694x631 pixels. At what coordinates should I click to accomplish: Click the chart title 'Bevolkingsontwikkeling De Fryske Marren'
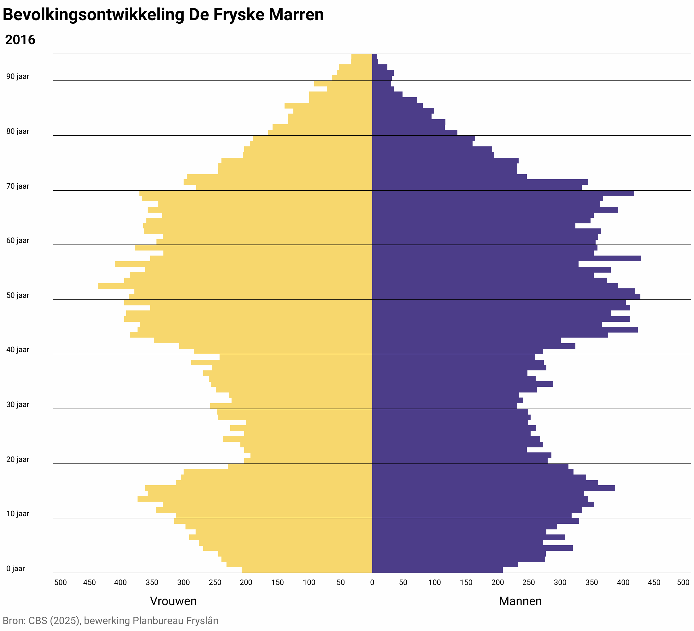[163, 15]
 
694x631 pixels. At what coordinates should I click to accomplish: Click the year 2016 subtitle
[20, 40]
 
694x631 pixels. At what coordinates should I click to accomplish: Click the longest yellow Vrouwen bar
[234, 286]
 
